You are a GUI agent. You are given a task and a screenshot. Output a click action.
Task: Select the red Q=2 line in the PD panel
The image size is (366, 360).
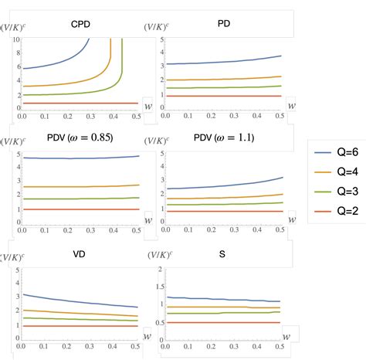click(224, 96)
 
